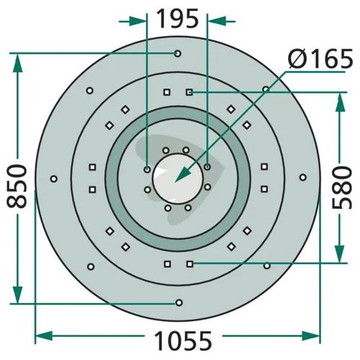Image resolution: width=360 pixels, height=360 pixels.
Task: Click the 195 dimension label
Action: (178, 19)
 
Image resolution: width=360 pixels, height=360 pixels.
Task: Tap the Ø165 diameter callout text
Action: (320, 58)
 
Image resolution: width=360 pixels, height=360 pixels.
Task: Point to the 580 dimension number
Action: (342, 187)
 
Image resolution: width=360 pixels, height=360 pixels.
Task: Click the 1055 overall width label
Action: (183, 341)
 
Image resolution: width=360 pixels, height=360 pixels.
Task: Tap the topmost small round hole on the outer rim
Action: (178, 53)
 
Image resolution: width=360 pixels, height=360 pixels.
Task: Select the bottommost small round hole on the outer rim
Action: (179, 302)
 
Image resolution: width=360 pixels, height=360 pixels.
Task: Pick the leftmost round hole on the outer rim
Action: (54, 179)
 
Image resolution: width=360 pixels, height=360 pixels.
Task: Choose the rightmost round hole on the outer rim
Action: (303, 178)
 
